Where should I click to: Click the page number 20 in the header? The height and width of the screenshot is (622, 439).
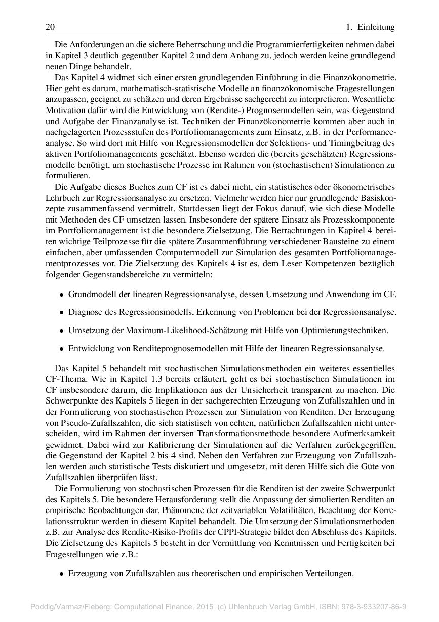50,27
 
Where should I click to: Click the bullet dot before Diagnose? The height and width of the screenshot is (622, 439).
62,313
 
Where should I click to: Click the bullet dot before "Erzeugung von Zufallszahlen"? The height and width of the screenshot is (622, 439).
62,575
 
